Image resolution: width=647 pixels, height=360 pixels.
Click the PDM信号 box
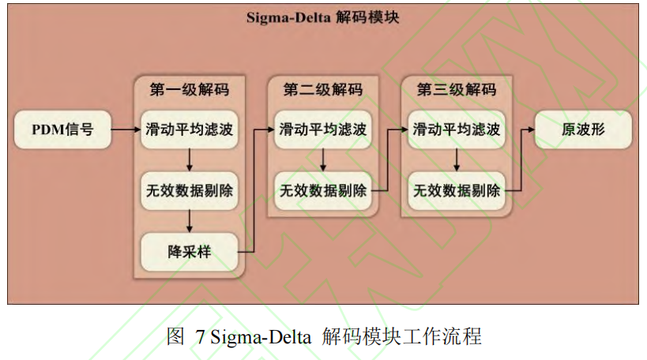[x=62, y=129]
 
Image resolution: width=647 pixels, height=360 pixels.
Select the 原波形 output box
[x=583, y=129]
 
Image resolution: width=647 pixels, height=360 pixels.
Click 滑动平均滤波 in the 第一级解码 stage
[x=189, y=129]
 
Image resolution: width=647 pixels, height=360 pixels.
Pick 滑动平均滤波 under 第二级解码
[x=322, y=129]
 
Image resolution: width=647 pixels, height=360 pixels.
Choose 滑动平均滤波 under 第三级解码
[x=456, y=129]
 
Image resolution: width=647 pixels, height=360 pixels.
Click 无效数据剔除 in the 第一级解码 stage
[x=189, y=190]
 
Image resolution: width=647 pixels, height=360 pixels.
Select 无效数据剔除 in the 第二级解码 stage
[x=322, y=190]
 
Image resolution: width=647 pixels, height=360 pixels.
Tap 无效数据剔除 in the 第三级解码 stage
[x=456, y=190]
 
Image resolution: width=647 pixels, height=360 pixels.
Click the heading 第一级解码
[x=189, y=89]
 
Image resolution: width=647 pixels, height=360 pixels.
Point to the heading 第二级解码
[x=322, y=89]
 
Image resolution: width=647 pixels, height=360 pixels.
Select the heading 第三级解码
[x=456, y=89]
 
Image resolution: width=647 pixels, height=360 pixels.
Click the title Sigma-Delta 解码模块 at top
[x=322, y=17]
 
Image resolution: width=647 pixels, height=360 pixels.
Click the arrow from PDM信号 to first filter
[x=125, y=129]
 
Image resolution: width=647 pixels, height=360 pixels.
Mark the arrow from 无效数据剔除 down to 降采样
[x=189, y=221]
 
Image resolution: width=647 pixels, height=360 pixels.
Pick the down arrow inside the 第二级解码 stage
[x=322, y=160]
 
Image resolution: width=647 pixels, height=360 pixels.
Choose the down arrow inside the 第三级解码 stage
[x=456, y=160]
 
